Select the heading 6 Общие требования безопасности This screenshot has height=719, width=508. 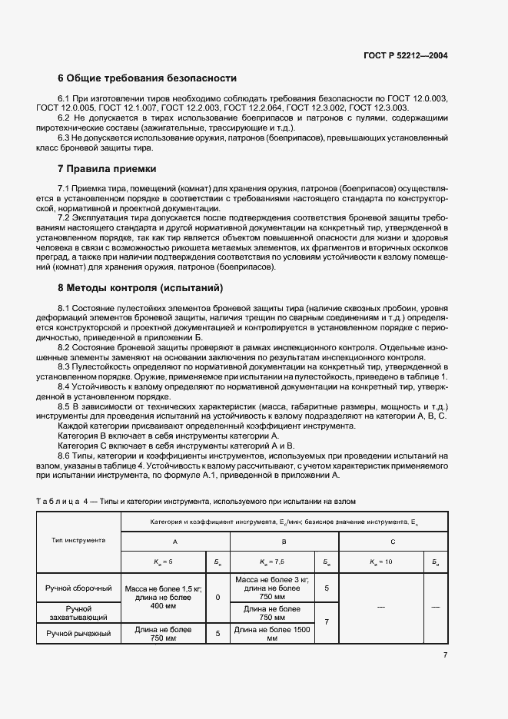pyautogui.click(x=148, y=78)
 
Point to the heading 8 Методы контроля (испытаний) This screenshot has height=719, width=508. pyautogui.click(x=141, y=288)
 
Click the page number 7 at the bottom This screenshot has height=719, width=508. pyautogui.click(x=446, y=654)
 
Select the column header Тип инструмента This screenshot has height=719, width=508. pyautogui.click(x=80, y=540)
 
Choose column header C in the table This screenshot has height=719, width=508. pyautogui.click(x=393, y=541)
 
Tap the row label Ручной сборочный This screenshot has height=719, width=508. pyautogui.click(x=80, y=588)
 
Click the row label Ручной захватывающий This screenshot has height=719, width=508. pyautogui.click(x=80, y=612)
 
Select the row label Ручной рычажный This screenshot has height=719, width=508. pyautogui.click(x=80, y=634)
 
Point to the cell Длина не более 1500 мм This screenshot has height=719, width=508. pyautogui.click(x=271, y=634)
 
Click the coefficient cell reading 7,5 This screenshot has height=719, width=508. pyautogui.click(x=271, y=562)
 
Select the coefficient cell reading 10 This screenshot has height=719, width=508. pyautogui.click(x=382, y=562)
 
